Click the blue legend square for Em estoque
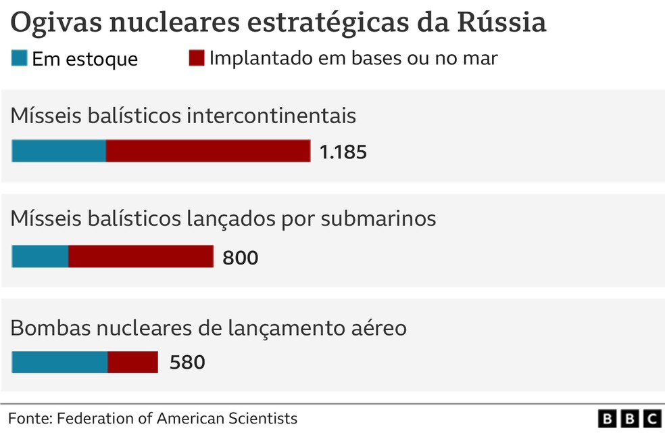pyautogui.click(x=20, y=58)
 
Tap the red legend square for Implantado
pyautogui.click(x=197, y=58)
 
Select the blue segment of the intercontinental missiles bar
pyautogui.click(x=59, y=151)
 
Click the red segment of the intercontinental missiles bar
pyautogui.click(x=208, y=151)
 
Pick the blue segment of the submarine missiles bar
pyautogui.click(x=41, y=256)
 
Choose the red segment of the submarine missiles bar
pyautogui.click(x=141, y=256)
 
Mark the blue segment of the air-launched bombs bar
pyautogui.click(x=59, y=362)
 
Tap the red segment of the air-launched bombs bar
pyautogui.click(x=132, y=362)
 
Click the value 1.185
pyautogui.click(x=343, y=152)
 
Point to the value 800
pyautogui.click(x=241, y=258)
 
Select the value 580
pyautogui.click(x=187, y=363)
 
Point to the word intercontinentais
pyautogui.click(x=272, y=116)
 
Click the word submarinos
pyautogui.click(x=378, y=219)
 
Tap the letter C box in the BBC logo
pyautogui.click(x=652, y=419)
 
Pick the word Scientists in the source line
pyautogui.click(x=263, y=419)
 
